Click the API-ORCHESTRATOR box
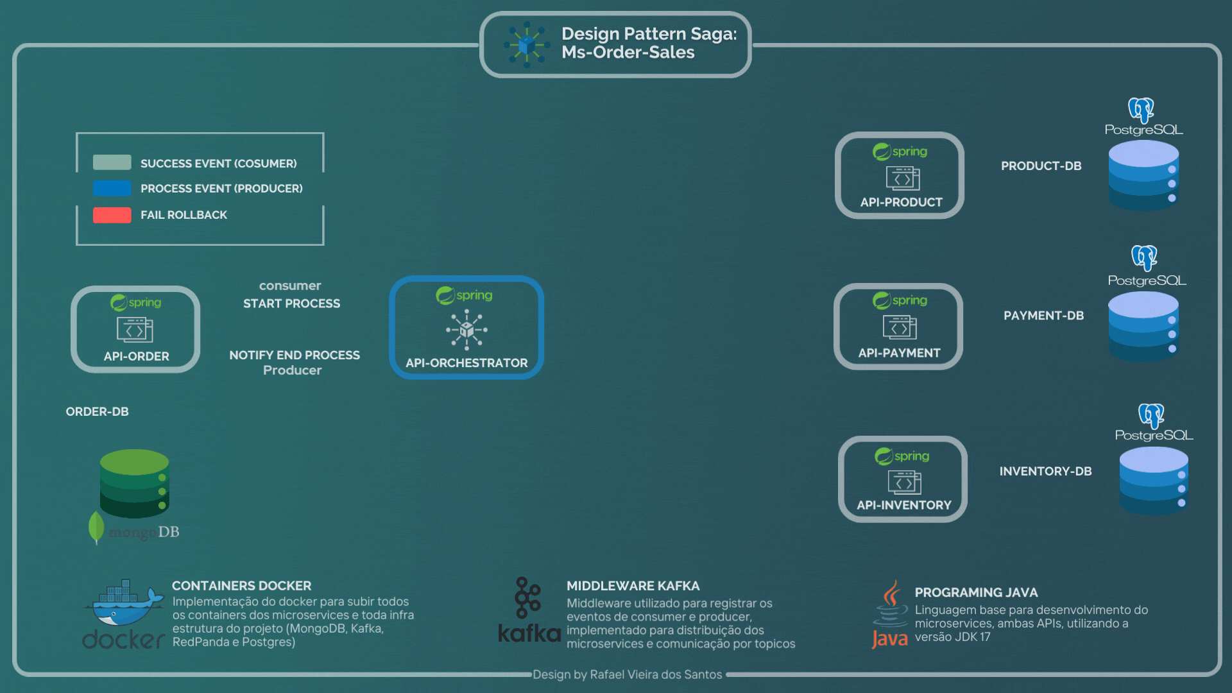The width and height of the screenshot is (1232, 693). pos(466,328)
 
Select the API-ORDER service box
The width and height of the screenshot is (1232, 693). pos(135,329)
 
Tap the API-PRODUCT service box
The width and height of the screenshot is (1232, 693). pos(900,176)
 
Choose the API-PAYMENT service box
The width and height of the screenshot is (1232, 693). pos(898,327)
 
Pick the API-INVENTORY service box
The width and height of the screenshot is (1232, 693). pos(903,479)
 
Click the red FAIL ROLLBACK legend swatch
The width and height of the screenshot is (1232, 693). pos(112,215)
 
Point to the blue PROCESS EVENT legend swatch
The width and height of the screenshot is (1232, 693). pos(112,189)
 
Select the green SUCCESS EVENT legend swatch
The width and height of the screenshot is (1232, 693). pos(112,162)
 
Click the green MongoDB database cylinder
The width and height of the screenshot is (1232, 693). pos(134,483)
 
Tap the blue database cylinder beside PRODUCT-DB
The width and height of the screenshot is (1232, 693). pos(1143,175)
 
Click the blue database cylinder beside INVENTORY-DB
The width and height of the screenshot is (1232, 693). pos(1154,481)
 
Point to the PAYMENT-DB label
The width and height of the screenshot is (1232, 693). pos(1043,316)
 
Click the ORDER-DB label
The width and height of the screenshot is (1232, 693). pos(97,412)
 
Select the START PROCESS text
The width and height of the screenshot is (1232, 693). pos(291,304)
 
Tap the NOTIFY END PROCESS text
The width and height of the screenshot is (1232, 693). pos(295,355)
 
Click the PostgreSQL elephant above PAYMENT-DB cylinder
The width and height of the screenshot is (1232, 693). pos(1144,258)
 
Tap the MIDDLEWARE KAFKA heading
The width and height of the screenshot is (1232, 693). pos(633,586)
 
